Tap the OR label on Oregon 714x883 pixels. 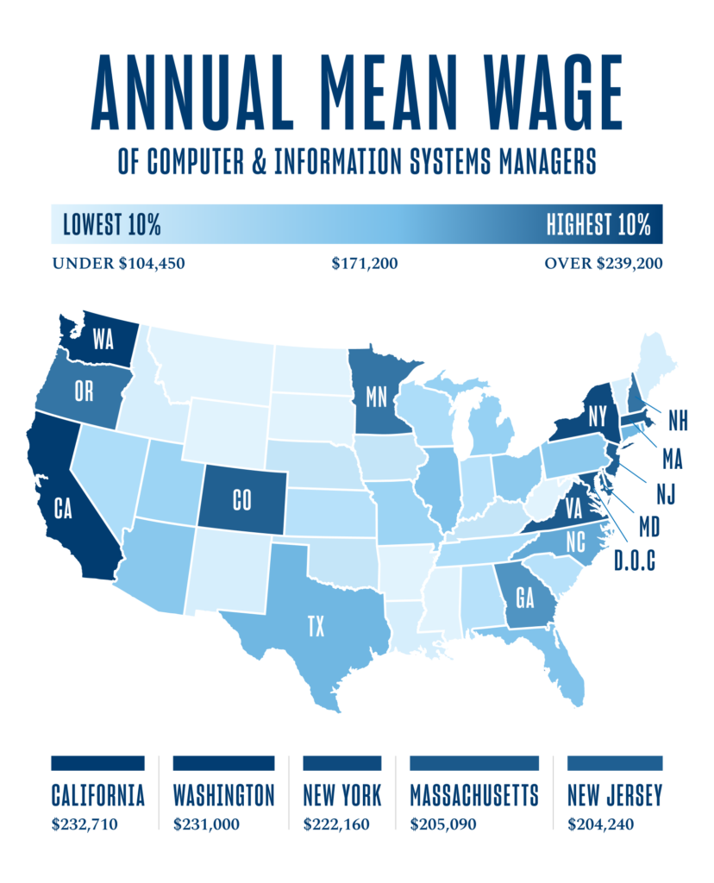[84, 391]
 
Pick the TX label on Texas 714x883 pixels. [316, 626]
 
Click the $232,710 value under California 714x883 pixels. [85, 824]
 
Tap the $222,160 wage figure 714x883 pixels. [336, 824]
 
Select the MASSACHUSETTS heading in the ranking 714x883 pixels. [474, 794]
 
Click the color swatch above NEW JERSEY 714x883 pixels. [615, 763]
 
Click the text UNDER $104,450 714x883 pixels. [118, 263]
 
